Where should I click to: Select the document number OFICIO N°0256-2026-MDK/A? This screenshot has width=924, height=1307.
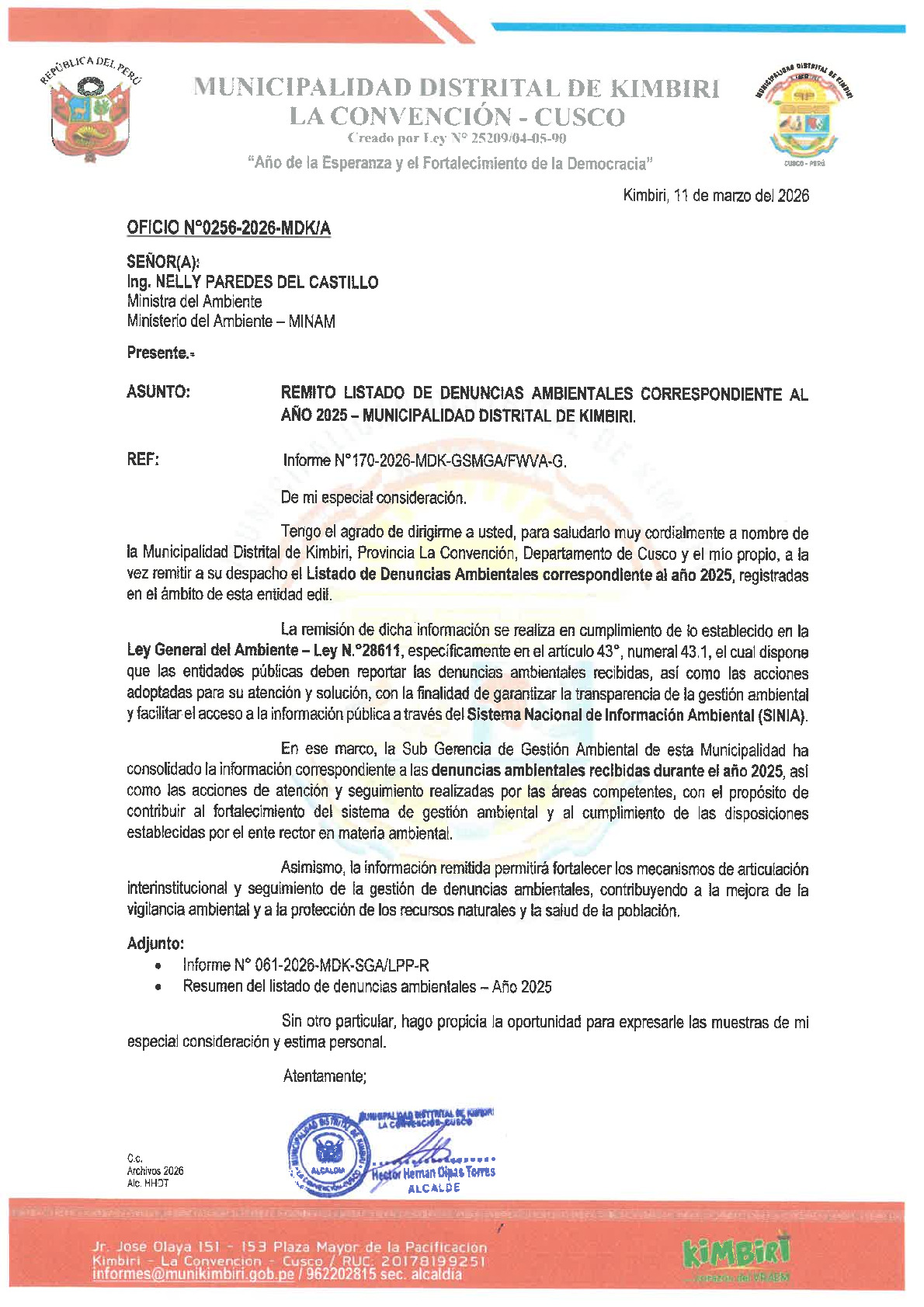point(228,228)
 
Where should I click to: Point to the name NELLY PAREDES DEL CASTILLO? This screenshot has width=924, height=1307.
point(267,282)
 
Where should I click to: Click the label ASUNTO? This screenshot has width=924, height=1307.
point(158,392)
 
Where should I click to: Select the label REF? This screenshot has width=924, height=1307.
point(143,460)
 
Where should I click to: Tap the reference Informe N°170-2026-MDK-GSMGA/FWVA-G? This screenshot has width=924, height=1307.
point(425,461)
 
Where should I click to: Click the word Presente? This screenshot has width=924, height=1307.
point(158,353)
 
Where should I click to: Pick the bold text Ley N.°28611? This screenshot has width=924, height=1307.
point(359,651)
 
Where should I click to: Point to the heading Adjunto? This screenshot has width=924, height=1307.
point(155,944)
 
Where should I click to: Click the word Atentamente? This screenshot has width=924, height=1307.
point(324,1076)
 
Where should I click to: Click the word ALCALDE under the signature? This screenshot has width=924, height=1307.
point(434,1188)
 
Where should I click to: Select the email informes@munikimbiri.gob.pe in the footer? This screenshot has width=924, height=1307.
point(193,1274)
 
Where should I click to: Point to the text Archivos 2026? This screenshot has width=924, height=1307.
point(155,1171)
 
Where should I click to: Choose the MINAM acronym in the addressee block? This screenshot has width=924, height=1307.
point(311,322)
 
